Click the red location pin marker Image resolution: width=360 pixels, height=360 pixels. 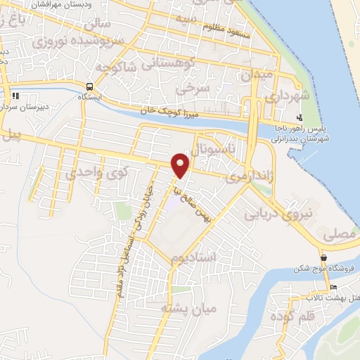pos(181,166)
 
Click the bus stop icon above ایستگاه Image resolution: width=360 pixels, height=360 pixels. pos(89,87)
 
